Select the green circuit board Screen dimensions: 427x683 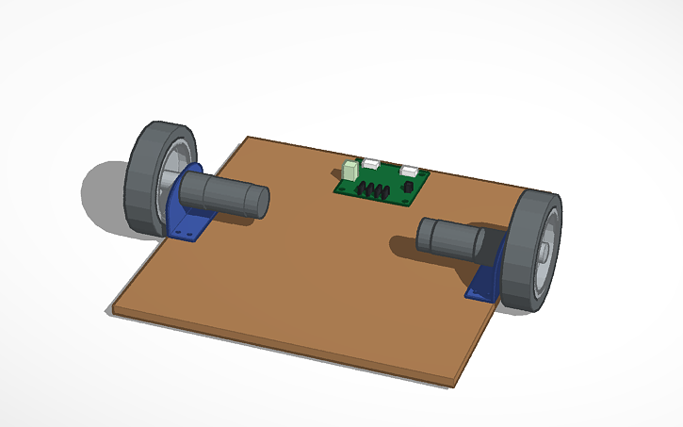(382, 183)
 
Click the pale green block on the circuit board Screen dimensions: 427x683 (351, 171)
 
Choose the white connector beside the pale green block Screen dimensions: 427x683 (371, 164)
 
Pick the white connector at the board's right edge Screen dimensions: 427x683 (412, 171)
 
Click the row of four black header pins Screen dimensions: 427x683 (375, 191)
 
